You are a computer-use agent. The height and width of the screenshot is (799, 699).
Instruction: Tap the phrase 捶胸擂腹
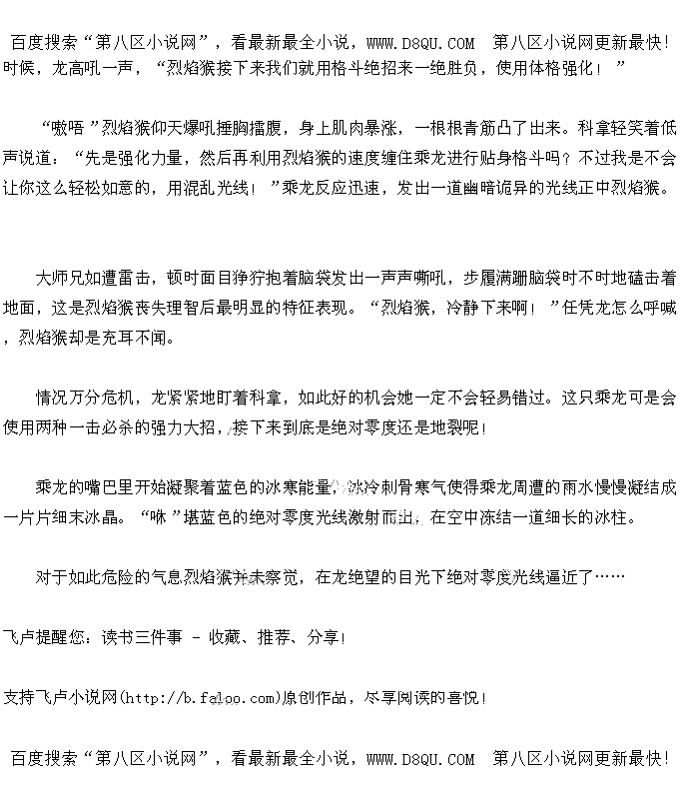pos(234,128)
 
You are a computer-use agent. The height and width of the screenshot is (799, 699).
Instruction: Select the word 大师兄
pos(59,278)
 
